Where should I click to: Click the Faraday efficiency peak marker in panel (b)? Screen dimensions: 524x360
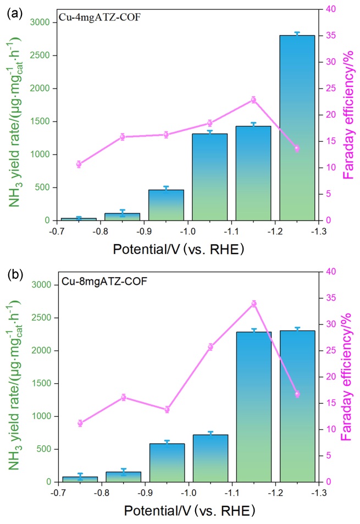[x=254, y=304]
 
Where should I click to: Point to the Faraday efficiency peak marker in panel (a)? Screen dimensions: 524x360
[x=253, y=100]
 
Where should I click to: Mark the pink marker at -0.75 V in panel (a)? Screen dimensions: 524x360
[x=79, y=164]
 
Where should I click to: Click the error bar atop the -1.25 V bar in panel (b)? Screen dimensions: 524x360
[x=297, y=329]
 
